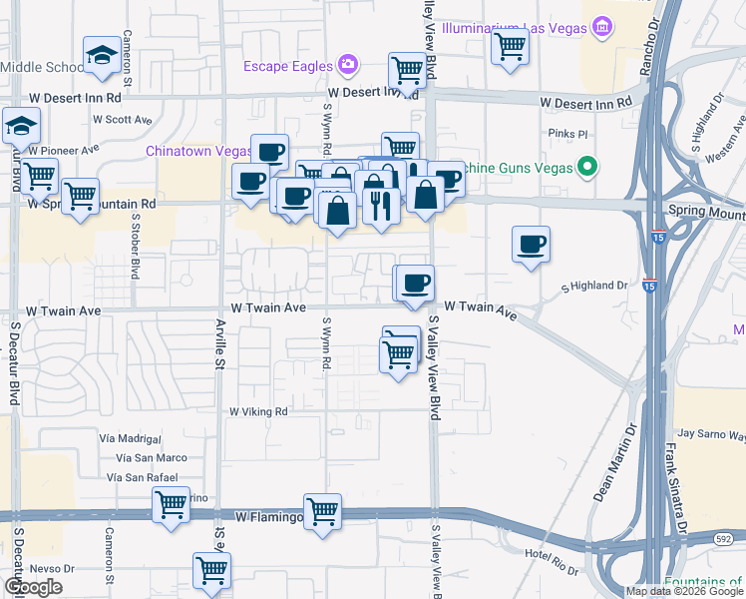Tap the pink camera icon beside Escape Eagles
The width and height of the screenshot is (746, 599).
[x=347, y=66]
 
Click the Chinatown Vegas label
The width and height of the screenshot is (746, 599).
[x=199, y=151]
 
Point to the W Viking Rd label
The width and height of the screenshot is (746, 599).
[x=258, y=411]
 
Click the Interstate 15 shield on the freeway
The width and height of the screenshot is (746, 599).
[x=649, y=283]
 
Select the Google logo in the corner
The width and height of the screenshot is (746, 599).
[x=33, y=588]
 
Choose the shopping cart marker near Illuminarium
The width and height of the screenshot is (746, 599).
[x=511, y=46]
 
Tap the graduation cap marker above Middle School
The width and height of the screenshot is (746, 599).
[x=101, y=57]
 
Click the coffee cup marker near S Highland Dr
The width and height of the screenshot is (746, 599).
[x=531, y=245]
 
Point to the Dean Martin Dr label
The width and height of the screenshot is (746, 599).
[x=612, y=465]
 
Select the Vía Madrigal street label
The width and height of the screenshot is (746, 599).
[x=130, y=438]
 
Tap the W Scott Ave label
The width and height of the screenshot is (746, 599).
[x=121, y=120]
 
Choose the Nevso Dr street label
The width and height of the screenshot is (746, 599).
[x=45, y=567]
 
